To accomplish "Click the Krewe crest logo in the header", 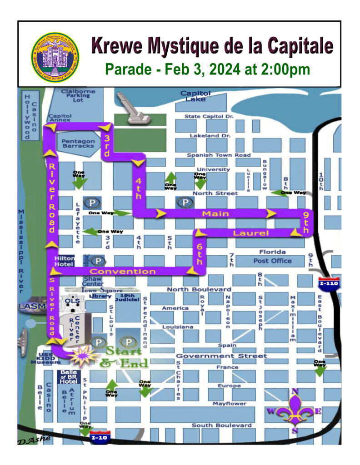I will click(55, 57).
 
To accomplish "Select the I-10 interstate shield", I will click(100, 437).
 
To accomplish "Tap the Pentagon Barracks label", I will click(78, 144).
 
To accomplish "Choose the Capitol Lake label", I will click(196, 96).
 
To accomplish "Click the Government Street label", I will click(221, 356).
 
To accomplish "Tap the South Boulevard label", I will click(221, 425).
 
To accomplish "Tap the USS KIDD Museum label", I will click(49, 358).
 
